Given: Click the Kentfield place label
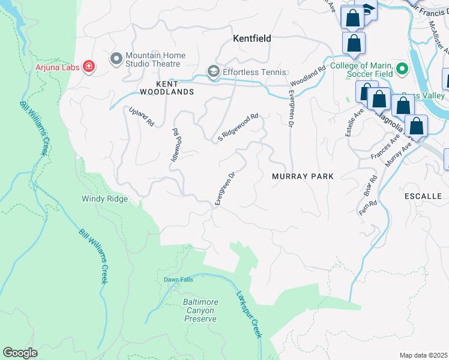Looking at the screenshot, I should (252, 38).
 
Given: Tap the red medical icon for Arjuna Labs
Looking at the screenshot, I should (89, 66).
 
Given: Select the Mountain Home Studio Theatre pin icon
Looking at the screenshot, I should (116, 59).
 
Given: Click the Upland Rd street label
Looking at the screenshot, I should (142, 116).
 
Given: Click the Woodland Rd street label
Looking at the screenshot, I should (307, 75).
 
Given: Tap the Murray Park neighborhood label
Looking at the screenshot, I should (302, 176).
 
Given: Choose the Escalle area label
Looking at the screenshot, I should (423, 196).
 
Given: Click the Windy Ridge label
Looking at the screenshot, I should (104, 199).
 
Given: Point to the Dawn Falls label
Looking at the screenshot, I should (178, 280).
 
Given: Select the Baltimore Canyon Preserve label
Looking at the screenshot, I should (200, 310).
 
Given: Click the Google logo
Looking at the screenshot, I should (20, 353).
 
